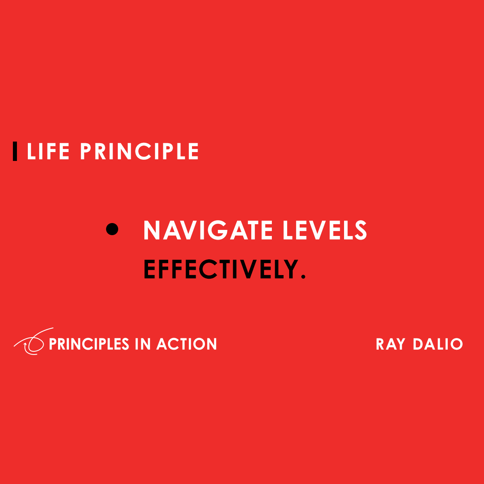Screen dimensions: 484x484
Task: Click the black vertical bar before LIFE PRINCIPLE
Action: pyautogui.click(x=15, y=151)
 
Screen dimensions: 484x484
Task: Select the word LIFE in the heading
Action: pyautogui.click(x=48, y=152)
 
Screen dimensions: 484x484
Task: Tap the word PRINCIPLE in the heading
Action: pyautogui.click(x=139, y=152)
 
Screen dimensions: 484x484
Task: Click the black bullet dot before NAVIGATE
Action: pyautogui.click(x=112, y=229)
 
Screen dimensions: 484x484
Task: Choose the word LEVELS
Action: pyautogui.click(x=325, y=230)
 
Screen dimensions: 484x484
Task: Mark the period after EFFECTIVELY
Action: pyautogui.click(x=303, y=277)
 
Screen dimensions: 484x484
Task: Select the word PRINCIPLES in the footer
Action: pyautogui.click(x=89, y=344)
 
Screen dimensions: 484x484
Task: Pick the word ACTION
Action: pyautogui.click(x=187, y=344)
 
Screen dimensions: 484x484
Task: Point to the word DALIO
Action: pyautogui.click(x=438, y=344)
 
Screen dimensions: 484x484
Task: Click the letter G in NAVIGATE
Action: pyautogui.click(x=219, y=230)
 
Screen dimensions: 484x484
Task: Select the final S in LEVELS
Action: pyautogui.click(x=359, y=230)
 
